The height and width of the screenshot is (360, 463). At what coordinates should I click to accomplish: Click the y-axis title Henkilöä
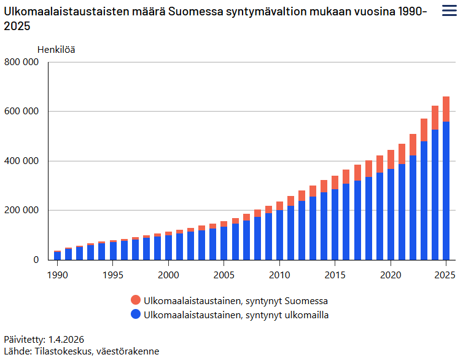56,49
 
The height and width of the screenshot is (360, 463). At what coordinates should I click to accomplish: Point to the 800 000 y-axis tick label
21,62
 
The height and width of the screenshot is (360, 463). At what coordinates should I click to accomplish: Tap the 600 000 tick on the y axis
21,111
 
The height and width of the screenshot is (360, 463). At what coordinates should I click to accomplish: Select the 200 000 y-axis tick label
21,210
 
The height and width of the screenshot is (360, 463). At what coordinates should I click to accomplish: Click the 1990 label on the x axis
57,274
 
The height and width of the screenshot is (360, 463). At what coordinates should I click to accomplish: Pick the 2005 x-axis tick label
224,274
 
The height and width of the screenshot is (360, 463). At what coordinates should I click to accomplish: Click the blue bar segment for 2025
446,190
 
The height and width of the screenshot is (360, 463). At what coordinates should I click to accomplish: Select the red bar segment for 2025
446,109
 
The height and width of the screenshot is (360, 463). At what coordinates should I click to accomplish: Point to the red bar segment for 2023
424,130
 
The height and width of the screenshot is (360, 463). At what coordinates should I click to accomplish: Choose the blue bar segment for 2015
335,224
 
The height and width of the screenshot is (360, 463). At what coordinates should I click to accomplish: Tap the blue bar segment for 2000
168,248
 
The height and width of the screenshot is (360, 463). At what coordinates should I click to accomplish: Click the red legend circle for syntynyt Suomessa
136,300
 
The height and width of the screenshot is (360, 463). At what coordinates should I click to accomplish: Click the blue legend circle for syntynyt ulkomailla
136,315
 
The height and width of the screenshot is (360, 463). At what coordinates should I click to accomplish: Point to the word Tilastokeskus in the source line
63,351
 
